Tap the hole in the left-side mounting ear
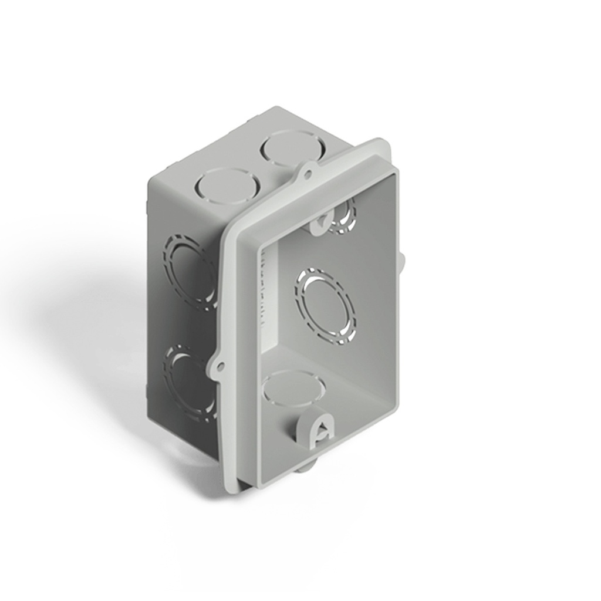[220, 367]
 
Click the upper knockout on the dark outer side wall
[190, 269]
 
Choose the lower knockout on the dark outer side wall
[188, 380]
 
